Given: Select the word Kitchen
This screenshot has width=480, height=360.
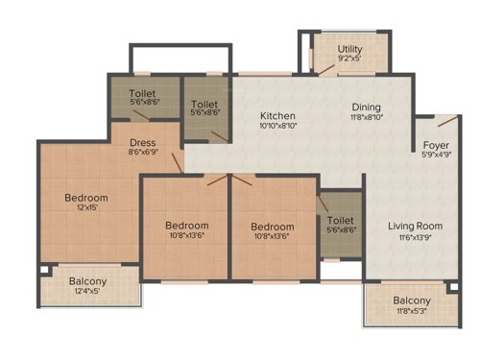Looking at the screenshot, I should click(x=278, y=115).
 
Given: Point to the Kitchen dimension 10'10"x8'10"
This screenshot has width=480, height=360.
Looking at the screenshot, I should click(x=278, y=126).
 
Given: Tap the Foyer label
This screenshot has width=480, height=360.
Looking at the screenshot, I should click(x=437, y=145).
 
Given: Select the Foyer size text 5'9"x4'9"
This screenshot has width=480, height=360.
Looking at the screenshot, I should click(x=437, y=156).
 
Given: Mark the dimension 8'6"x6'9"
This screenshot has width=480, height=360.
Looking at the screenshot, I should click(x=142, y=151).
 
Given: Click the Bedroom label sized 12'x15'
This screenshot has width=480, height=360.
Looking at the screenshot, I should click(x=86, y=199).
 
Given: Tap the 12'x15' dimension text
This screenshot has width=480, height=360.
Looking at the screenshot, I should click(x=86, y=209).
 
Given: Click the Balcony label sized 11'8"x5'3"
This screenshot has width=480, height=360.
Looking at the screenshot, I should click(x=412, y=300).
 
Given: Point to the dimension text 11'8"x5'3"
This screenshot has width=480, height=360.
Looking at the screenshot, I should click(x=412, y=311).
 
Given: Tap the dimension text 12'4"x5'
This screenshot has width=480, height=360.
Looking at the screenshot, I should click(x=88, y=292).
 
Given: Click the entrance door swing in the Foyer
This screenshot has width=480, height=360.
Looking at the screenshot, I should click(x=444, y=124).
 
